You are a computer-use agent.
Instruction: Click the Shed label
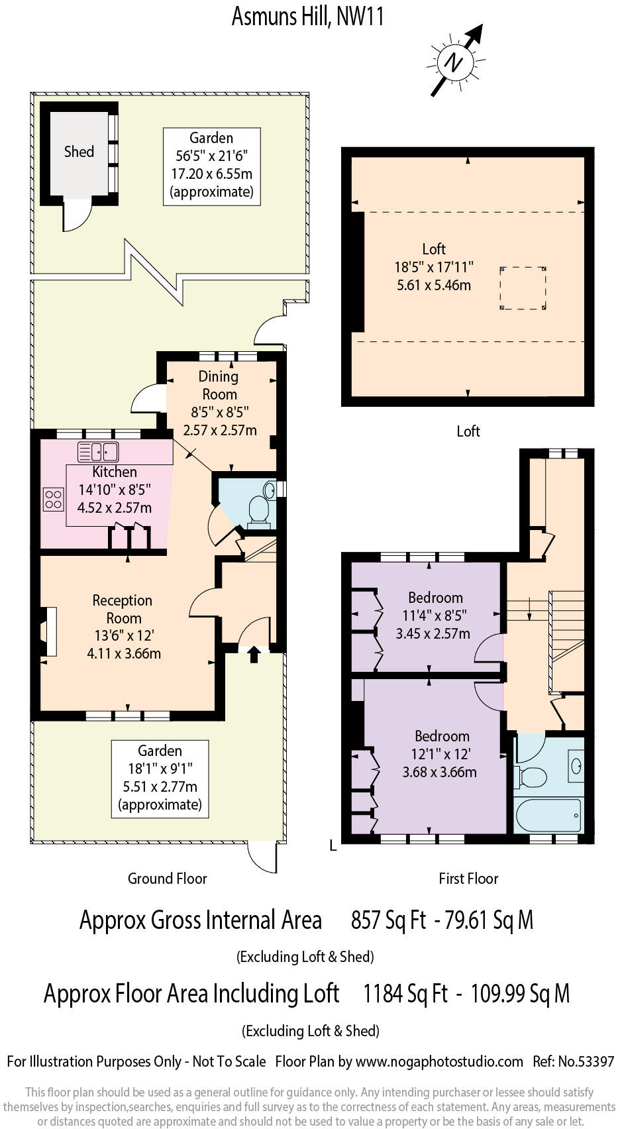click(79, 152)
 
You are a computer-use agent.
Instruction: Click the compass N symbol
click(454, 62)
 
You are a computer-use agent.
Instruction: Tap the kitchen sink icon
click(98, 452)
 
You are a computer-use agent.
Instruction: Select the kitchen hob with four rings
click(54, 500)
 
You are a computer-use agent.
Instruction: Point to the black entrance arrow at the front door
click(254, 655)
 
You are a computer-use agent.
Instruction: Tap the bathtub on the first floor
click(548, 814)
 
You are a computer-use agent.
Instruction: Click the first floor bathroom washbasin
click(576, 766)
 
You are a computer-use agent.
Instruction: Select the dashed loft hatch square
click(523, 288)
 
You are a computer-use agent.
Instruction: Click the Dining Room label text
click(219, 385)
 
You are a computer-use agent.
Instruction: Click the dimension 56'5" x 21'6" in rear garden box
click(211, 156)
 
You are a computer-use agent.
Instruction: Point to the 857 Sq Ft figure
click(388, 920)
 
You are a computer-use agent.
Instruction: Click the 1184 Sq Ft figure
click(405, 994)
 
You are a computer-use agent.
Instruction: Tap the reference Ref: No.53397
click(573, 1061)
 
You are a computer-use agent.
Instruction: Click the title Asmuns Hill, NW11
click(308, 16)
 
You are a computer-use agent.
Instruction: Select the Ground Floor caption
click(167, 879)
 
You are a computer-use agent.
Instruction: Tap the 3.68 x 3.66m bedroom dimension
click(439, 772)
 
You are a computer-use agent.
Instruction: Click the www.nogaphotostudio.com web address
click(439, 1061)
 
